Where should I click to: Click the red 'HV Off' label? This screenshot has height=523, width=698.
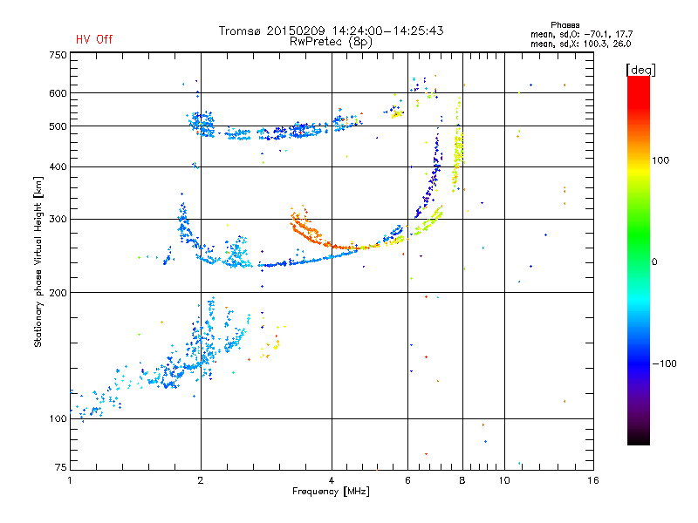[x=94, y=39]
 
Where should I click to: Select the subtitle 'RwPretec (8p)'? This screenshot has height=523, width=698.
[x=331, y=42]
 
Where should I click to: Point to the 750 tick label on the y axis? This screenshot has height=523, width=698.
[x=58, y=55]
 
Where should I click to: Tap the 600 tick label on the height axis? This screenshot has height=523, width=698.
[x=58, y=93]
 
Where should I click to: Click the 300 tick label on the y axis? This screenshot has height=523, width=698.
[x=58, y=220]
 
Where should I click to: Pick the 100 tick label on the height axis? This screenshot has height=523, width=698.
[x=58, y=419]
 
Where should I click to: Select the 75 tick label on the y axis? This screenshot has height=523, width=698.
[x=61, y=467]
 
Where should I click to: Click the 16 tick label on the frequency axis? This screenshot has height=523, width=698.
[x=593, y=480]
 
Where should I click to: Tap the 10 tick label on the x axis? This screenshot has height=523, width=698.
[x=504, y=480]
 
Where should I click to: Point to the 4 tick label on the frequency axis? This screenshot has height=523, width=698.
[x=332, y=480]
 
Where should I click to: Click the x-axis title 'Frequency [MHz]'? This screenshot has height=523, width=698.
[x=331, y=492]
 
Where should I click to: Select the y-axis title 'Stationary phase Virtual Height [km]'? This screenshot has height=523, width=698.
[x=38, y=261]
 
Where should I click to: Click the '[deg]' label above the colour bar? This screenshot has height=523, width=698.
[x=640, y=71]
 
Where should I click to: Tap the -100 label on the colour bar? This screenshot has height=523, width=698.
[x=664, y=363]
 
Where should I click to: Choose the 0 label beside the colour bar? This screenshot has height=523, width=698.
[x=654, y=262]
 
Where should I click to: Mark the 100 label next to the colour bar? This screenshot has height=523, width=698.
[x=660, y=160]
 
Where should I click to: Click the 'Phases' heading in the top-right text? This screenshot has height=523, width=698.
[x=565, y=25]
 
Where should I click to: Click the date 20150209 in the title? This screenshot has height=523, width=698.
[x=296, y=31]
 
